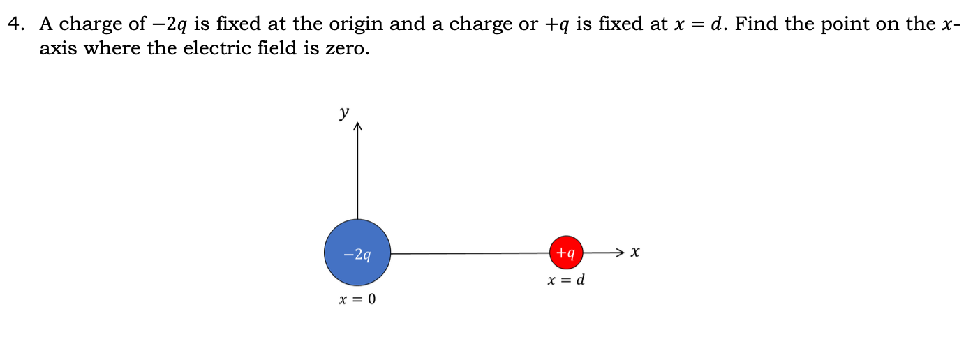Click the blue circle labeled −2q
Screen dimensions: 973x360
tap(357, 253)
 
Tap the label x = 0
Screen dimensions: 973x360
tap(357, 300)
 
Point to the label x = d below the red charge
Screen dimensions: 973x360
tap(566, 280)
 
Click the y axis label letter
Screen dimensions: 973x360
tap(343, 113)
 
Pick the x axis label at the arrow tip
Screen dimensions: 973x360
tap(634, 251)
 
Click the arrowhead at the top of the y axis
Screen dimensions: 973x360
tap(358, 128)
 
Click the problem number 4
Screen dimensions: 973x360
tap(13, 24)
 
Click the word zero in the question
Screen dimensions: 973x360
tap(345, 50)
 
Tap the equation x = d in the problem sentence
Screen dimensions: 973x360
tap(699, 24)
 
